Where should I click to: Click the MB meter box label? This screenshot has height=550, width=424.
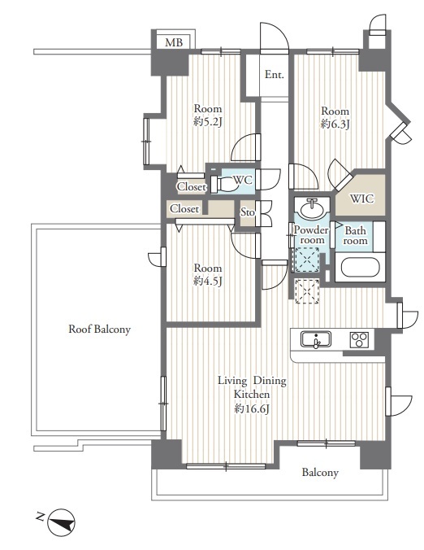[174, 42]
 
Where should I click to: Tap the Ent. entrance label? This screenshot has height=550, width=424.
[275, 74]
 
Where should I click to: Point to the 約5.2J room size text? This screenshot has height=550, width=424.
[208, 122]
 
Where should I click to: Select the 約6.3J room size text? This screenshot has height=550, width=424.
[335, 124]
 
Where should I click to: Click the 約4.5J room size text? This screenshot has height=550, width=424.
[208, 282]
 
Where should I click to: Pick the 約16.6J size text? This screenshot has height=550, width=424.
[252, 409]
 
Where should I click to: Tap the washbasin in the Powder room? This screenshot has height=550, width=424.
[312, 209]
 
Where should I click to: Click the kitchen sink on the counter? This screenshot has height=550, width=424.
[315, 339]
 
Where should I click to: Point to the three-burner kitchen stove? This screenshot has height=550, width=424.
[359, 339]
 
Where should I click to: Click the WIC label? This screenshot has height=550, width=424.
[362, 199]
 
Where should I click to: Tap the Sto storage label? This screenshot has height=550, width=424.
[247, 212]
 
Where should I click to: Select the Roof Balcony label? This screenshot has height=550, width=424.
[99, 329]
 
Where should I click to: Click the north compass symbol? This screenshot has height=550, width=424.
[61, 522]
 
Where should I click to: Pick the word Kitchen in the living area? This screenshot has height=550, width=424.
[252, 395]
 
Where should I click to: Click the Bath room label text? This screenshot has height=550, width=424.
[356, 236]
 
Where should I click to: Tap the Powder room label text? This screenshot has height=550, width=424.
[312, 235]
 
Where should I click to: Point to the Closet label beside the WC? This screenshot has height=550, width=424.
[192, 187]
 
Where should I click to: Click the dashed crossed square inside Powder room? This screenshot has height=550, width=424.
[307, 260]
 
